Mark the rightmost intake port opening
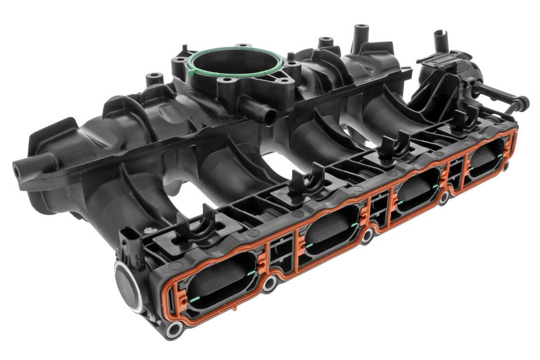(x=486, y=162)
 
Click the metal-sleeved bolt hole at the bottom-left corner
(x=173, y=329)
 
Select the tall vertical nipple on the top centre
(x=360, y=34)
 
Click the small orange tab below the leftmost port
(x=234, y=308)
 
